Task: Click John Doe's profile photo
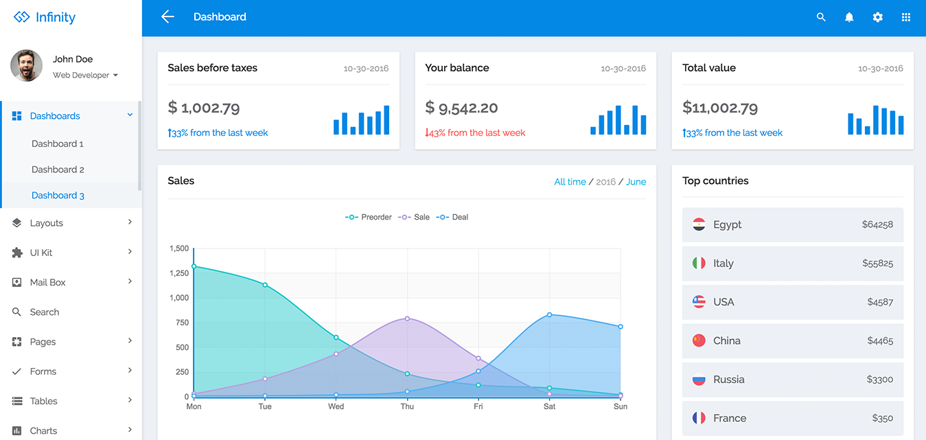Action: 27,66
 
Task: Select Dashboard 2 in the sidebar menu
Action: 58,170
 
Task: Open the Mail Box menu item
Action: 48,282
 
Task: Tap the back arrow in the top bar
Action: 167,17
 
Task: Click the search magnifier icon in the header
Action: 821,17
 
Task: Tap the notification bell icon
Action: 849,17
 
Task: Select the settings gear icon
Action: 877,17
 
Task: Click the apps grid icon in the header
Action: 905,17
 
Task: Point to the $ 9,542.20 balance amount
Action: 461,108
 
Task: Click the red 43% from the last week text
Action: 475,133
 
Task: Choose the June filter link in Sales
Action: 636,182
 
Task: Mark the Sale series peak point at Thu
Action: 407,319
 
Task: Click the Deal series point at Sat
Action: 549,315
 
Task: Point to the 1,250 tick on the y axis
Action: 179,273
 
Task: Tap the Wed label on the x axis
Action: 336,406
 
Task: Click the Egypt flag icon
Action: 699,224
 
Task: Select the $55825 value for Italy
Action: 877,264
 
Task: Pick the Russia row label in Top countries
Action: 728,380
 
